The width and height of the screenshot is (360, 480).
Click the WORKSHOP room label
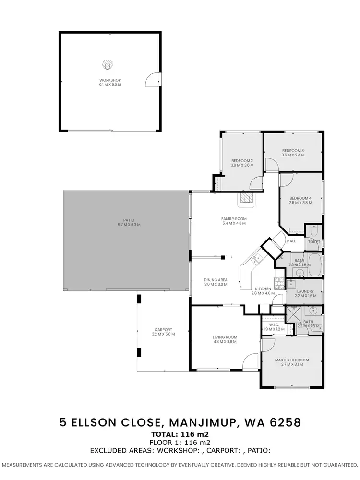point(110,80)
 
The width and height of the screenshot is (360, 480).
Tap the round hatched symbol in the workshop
point(107,64)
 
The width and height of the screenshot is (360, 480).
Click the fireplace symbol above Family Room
point(247,198)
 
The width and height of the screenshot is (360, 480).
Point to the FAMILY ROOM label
point(234,219)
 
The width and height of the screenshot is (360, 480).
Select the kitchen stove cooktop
point(278,283)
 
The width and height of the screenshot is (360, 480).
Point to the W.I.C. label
point(274,325)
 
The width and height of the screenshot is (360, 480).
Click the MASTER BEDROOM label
point(292,360)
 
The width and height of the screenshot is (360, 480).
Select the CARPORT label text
point(160,329)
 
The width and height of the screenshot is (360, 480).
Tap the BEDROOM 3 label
point(293,150)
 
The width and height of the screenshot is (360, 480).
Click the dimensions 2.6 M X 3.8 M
point(301,203)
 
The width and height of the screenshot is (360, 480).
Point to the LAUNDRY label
point(305,291)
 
